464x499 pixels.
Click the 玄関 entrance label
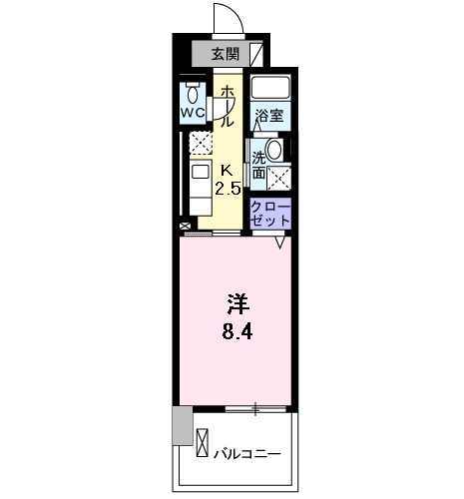pyautogui.click(x=225, y=54)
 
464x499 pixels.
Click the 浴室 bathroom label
pyautogui.click(x=268, y=115)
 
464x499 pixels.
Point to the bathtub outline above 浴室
pyautogui.click(x=269, y=87)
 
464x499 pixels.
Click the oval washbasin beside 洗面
pyautogui.click(x=274, y=150)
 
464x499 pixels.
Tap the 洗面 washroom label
pyautogui.click(x=258, y=165)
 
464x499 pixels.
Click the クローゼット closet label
pyautogui.click(x=270, y=212)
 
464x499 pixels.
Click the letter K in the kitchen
pyautogui.click(x=226, y=170)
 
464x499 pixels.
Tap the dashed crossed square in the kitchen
pyautogui.click(x=202, y=145)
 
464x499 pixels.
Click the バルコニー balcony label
pyautogui.click(x=246, y=454)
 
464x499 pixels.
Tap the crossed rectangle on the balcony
pyautogui.click(x=204, y=441)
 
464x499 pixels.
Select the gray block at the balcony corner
pyautogui.click(x=180, y=426)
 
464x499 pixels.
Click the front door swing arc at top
pyautogui.click(x=228, y=20)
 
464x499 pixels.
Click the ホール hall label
pyautogui.click(x=227, y=105)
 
